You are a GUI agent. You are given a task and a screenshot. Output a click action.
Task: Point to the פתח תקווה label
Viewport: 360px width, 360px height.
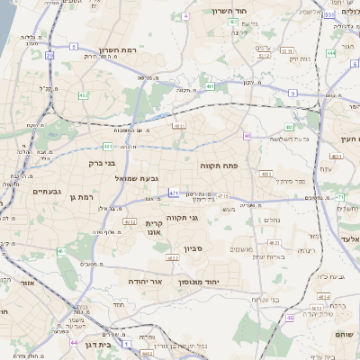point(218,166)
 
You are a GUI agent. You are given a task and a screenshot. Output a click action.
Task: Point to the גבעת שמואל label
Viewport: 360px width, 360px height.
point(137,178)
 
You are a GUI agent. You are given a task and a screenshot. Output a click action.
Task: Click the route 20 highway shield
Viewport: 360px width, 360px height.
point(49,55)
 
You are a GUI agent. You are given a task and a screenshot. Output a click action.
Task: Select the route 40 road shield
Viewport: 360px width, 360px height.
point(247,136)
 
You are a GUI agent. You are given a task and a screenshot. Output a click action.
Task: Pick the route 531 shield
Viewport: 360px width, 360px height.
point(329,14)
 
